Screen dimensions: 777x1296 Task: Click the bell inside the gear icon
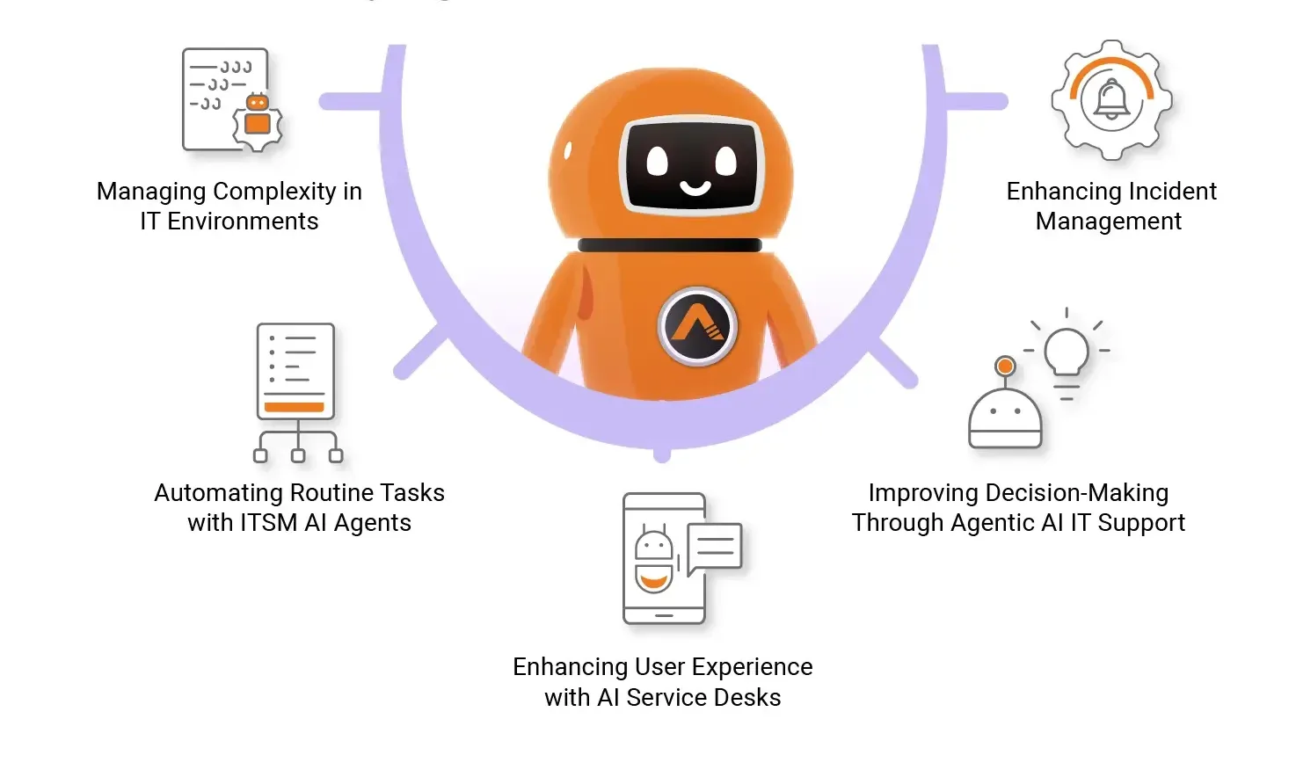pos(1111,99)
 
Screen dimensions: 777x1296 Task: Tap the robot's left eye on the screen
pos(659,160)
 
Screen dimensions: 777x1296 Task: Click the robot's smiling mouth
pos(695,187)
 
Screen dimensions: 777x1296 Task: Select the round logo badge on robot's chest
pos(698,327)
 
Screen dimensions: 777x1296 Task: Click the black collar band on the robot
pos(669,245)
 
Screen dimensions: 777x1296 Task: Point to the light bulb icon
pos(1067,354)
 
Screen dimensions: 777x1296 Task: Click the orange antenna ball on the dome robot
pos(1005,366)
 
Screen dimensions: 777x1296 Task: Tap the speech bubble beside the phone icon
pos(715,547)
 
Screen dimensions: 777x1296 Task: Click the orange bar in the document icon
pos(295,407)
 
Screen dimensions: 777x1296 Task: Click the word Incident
pos(1172,192)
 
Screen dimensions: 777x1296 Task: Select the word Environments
pos(243,221)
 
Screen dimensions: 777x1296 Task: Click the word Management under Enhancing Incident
pos(1108,221)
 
